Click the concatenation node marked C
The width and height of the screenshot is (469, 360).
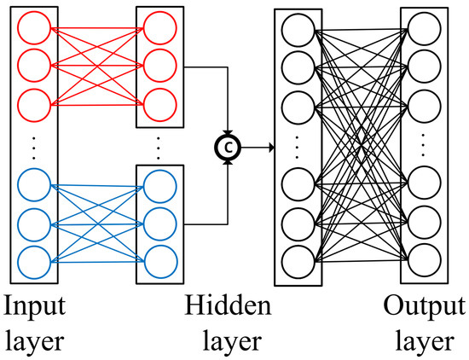point(229,148)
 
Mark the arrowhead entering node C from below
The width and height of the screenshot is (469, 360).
point(229,163)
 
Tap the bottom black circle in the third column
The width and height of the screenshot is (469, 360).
point(298,261)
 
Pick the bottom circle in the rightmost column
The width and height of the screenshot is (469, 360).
point(424,259)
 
